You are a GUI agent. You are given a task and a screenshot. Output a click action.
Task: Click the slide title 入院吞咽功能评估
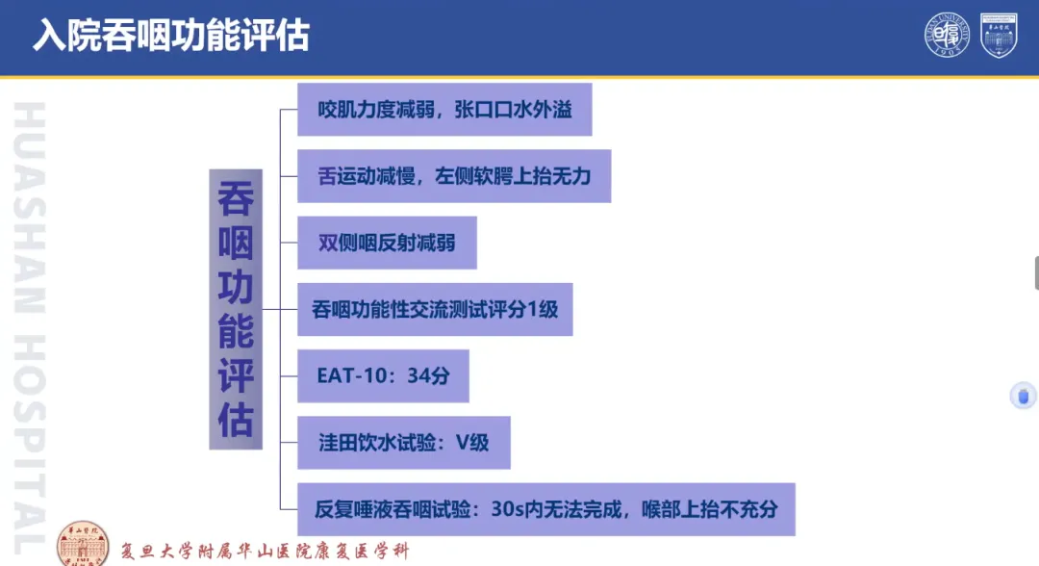(171, 35)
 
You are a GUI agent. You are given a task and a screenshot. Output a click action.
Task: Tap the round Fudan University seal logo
(947, 35)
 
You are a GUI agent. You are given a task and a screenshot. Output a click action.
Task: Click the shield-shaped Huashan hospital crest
(999, 35)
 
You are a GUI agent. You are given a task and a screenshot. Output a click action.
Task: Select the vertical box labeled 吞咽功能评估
(236, 310)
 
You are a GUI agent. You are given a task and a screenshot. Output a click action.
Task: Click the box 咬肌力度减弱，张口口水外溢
(444, 110)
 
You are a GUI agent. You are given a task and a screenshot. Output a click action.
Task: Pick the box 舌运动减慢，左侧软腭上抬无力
(454, 176)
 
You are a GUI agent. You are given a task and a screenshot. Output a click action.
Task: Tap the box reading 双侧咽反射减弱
(387, 243)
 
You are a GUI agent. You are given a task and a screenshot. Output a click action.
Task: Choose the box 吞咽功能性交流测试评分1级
(435, 310)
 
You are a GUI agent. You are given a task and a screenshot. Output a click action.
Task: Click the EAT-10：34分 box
(383, 375)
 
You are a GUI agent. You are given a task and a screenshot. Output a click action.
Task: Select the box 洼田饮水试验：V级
(403, 443)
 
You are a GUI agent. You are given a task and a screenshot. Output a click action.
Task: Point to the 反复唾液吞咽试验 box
(546, 509)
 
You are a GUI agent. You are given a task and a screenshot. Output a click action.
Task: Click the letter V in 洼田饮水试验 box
(463, 443)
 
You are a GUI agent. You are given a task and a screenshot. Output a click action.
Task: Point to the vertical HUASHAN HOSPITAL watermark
(30, 328)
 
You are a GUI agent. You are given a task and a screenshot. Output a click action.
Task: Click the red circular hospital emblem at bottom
(83, 544)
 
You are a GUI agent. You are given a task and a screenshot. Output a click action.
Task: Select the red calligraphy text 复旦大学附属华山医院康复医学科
(266, 551)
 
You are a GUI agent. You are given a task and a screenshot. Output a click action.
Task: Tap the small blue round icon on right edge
(1023, 397)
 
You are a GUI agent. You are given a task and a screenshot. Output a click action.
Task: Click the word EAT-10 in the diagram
(350, 375)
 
